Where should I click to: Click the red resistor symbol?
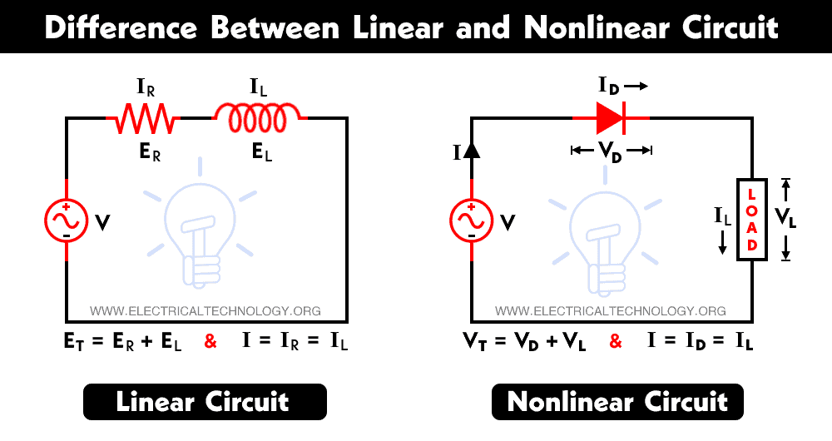(142, 119)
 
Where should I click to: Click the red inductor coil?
(260, 117)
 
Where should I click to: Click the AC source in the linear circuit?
(67, 220)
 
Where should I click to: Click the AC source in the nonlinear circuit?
(472, 220)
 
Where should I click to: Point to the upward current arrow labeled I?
(472, 150)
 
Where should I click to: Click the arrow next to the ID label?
(635, 86)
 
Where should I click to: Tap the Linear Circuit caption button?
(203, 403)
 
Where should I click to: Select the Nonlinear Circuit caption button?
(617, 403)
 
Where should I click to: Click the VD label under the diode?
(612, 151)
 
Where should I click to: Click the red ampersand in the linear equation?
(210, 341)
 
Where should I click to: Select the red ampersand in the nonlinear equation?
(616, 341)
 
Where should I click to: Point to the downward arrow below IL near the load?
(723, 243)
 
